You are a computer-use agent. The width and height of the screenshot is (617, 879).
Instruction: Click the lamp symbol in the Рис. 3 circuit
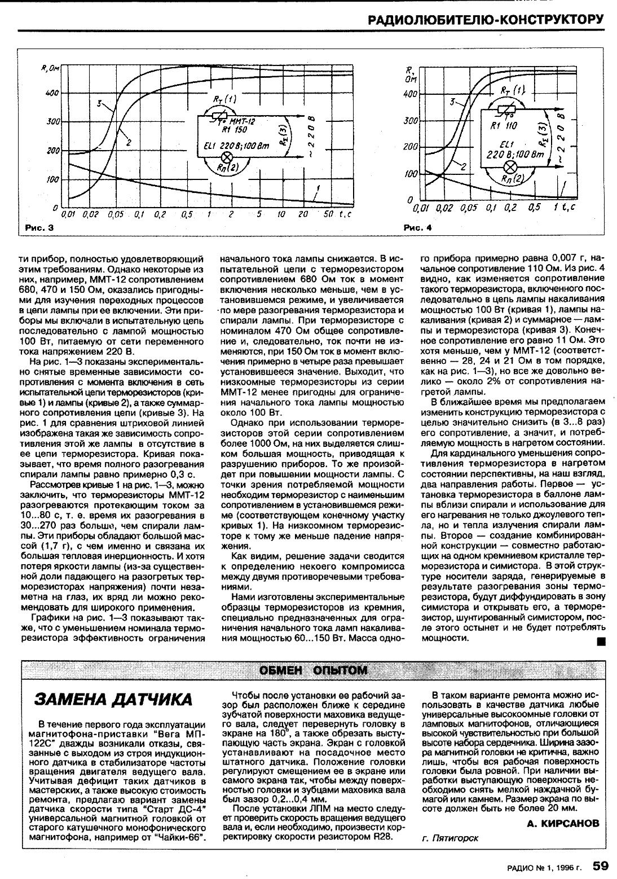(228, 156)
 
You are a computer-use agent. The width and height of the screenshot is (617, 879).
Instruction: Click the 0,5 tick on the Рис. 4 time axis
(530, 208)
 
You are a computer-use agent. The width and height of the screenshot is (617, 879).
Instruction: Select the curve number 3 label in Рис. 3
(99, 104)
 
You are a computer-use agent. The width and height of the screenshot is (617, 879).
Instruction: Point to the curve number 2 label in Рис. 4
(463, 166)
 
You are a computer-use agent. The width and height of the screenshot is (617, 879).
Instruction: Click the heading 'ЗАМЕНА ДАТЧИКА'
(113, 700)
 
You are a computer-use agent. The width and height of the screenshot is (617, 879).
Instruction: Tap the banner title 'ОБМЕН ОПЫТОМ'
(313, 670)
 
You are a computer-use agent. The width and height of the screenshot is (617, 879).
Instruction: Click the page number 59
(600, 864)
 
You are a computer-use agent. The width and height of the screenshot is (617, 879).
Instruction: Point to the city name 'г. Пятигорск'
(449, 838)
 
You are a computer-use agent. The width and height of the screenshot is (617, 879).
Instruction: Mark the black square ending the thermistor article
(601, 641)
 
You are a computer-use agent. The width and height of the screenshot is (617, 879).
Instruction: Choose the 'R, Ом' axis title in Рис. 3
(49, 69)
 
